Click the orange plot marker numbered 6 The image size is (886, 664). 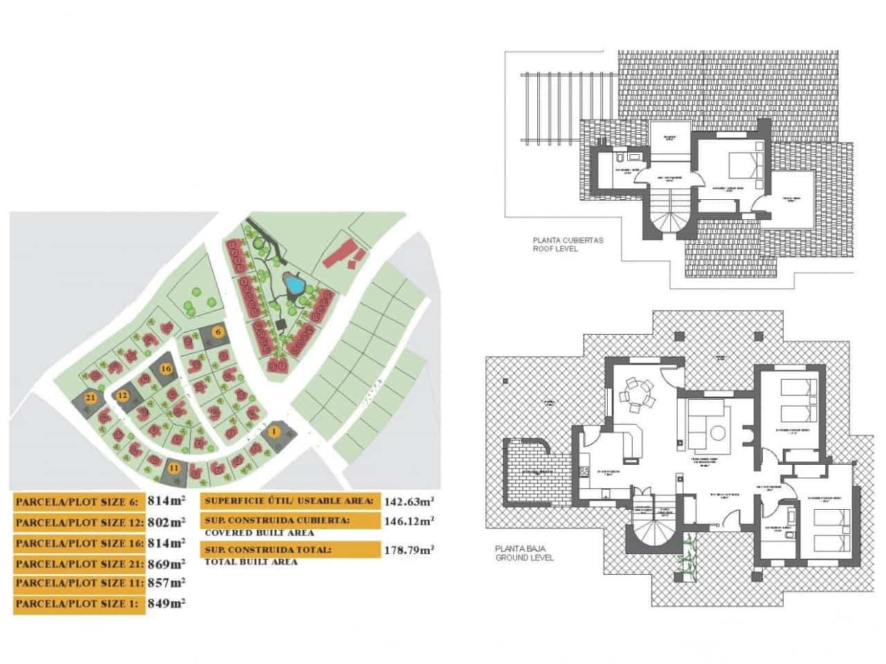coord(218,332)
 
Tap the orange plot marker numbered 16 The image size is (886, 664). coord(165,369)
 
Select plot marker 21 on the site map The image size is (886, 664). coord(90,398)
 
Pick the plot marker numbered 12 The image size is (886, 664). coord(123,395)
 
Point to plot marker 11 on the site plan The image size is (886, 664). coord(174,468)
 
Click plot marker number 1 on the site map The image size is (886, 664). coord(274,432)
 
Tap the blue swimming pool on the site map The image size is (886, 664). coord(293,284)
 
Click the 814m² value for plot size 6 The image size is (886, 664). coord(165,501)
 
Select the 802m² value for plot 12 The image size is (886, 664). coord(165,522)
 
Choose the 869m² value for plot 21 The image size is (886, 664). coord(165,563)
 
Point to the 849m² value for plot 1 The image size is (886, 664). coord(165,603)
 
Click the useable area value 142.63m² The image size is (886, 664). coord(408,501)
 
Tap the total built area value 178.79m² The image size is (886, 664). coord(408,550)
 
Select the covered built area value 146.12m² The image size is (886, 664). coord(408,520)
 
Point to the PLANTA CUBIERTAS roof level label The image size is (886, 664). coord(558,245)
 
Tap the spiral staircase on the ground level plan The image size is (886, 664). coord(653,533)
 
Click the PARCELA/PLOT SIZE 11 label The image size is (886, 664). coord(78,584)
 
